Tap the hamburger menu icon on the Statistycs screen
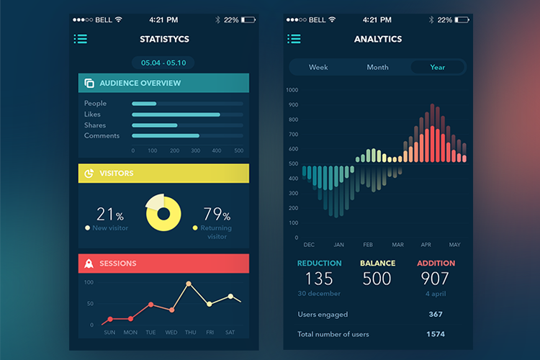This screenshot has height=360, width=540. pos(81,39)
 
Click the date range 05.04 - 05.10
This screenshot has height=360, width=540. pos(163,63)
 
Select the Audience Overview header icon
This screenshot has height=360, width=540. pos(89,83)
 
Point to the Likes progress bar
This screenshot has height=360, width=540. pos(176,114)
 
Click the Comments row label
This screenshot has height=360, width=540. pos(102,135)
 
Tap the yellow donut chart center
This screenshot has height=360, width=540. pos(163,212)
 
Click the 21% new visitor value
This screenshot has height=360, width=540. pos(109,214)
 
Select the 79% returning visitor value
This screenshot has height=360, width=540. pos(216,214)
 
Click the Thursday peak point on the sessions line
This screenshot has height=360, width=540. pos(189,284)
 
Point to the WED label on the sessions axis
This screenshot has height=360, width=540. pos(171,333)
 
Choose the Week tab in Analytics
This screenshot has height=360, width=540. pos(318,67)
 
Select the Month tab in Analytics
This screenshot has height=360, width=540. pos(377,67)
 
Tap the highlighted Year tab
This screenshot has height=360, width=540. pos(438,67)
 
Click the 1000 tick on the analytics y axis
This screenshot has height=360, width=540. pos(292,90)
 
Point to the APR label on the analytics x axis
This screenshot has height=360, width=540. pos(426,245)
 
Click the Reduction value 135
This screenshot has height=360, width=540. pos(318,278)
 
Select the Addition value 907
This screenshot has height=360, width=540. pos(436,278)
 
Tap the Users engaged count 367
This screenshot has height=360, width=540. pos(435,314)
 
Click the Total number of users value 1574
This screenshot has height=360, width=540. pos(435,334)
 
